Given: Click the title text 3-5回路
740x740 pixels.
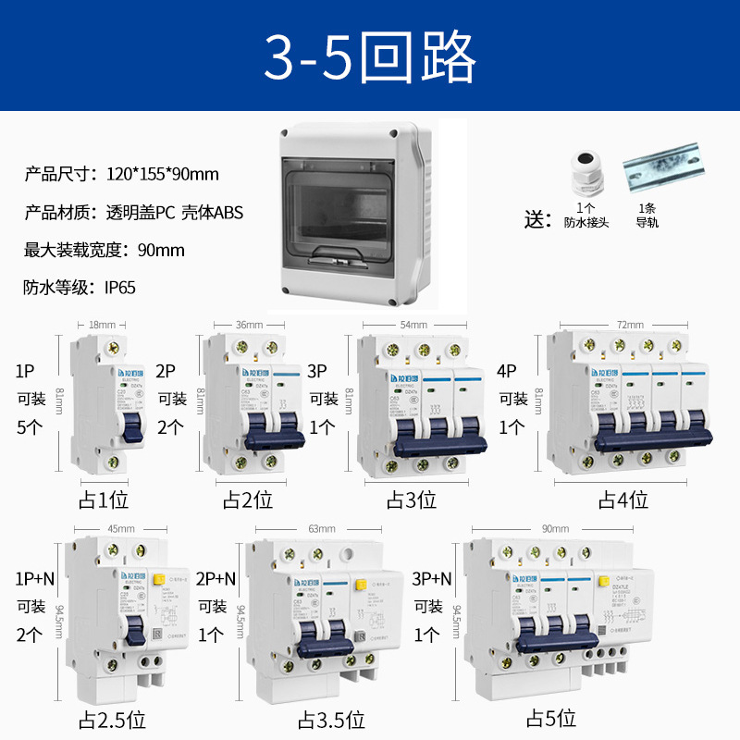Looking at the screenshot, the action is point(370,56).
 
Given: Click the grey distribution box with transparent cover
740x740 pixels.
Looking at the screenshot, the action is point(355,214).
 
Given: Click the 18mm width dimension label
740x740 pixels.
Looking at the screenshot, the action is point(102,325).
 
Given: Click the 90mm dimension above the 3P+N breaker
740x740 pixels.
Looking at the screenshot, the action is point(555,528).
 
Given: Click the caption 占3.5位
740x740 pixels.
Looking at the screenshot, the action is point(330,719).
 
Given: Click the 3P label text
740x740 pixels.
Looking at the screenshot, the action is point(317,372).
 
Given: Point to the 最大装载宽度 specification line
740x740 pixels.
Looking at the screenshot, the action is point(105,250).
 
